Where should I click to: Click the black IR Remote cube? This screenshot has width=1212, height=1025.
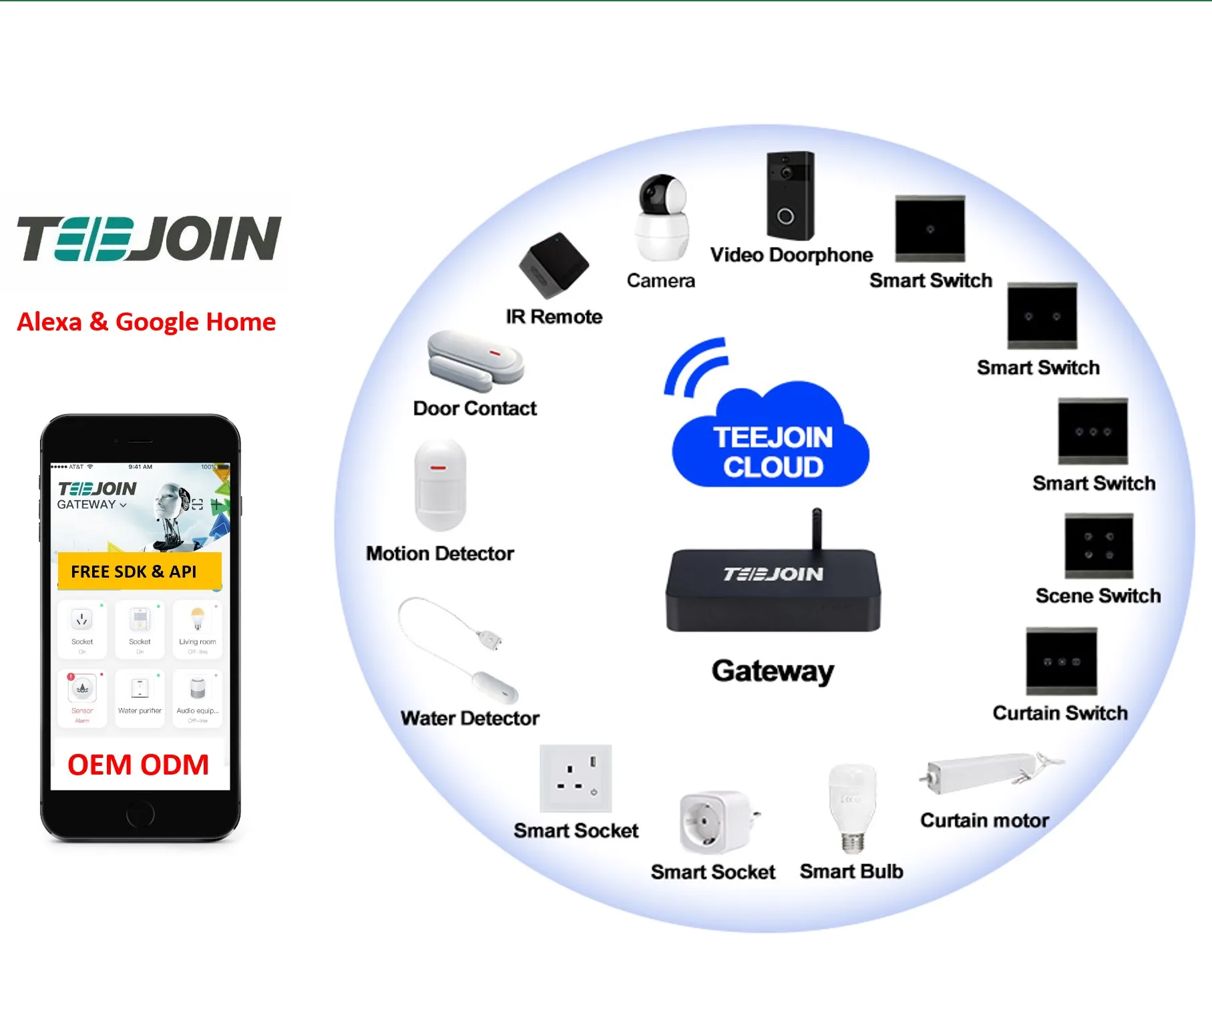pyautogui.click(x=554, y=265)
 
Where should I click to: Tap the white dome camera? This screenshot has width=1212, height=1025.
pyautogui.click(x=662, y=218)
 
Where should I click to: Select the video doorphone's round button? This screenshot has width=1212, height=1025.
pyautogui.click(x=786, y=216)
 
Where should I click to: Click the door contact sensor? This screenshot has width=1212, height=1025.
pyautogui.click(x=475, y=361)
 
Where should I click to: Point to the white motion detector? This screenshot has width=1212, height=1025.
pyautogui.click(x=440, y=484)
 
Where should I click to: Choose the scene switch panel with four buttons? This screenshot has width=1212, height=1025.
pyautogui.click(x=1098, y=546)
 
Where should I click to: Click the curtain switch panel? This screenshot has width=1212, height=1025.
pyautogui.click(x=1061, y=661)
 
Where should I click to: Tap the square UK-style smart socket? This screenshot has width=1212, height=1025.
pyautogui.click(x=576, y=779)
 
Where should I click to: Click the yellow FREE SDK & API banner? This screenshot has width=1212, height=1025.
pyautogui.click(x=139, y=572)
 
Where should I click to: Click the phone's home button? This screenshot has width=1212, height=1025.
pyautogui.click(x=140, y=814)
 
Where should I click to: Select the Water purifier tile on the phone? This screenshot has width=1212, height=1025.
pyautogui.click(x=140, y=696)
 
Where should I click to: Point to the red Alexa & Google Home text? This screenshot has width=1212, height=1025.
pyautogui.click(x=146, y=322)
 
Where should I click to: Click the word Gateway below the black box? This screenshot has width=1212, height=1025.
pyautogui.click(x=773, y=670)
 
